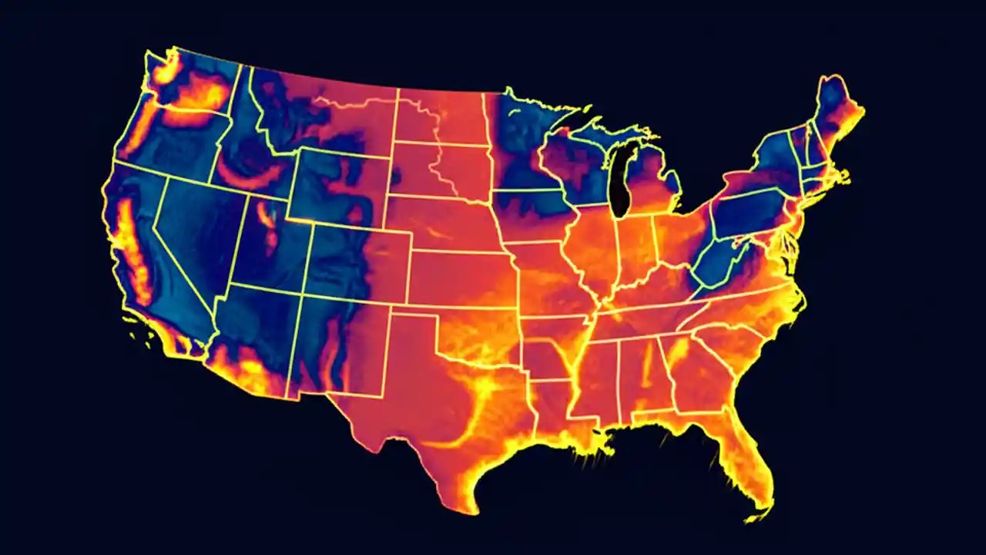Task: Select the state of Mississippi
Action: click(x=597, y=382)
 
